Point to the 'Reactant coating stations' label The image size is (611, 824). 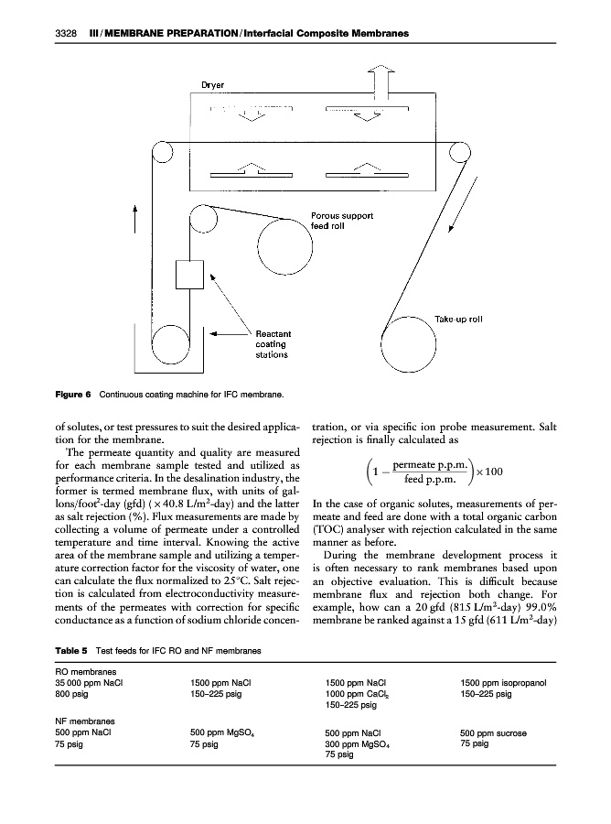(x=273, y=344)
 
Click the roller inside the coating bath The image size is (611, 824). (x=170, y=344)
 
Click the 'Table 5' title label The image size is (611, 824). (x=71, y=650)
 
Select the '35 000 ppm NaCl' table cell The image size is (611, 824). (x=87, y=682)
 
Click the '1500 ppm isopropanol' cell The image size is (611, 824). (x=507, y=682)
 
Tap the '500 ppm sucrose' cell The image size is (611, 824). (x=495, y=732)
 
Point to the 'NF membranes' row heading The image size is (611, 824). (x=88, y=720)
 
